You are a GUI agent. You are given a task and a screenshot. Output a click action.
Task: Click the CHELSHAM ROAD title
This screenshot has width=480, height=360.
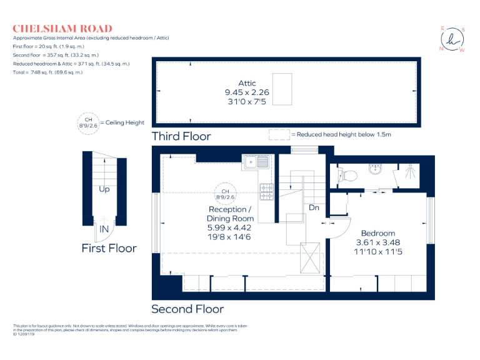(62, 29)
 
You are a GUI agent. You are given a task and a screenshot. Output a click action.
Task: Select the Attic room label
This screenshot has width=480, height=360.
(247, 83)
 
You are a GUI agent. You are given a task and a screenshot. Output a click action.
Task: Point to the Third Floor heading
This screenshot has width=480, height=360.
(181, 136)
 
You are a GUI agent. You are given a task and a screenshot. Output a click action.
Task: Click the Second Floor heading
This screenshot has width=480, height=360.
(187, 309)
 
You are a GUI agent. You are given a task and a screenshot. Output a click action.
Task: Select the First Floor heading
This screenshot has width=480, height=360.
(109, 248)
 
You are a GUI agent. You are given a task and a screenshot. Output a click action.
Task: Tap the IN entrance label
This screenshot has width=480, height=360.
(104, 229)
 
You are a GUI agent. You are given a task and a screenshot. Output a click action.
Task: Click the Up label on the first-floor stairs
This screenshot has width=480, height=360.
(104, 189)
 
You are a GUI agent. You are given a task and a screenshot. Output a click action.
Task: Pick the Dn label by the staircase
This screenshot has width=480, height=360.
(314, 207)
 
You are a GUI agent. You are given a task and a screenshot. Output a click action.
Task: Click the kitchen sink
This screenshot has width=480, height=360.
(257, 162)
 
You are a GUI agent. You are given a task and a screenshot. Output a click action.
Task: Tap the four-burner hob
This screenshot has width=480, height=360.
(266, 192)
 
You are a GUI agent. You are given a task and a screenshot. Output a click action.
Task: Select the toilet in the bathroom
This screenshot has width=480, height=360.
(348, 174)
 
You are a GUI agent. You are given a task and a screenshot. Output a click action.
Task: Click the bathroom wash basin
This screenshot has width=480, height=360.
(376, 169)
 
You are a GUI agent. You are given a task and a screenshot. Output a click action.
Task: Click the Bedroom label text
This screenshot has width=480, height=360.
(377, 233)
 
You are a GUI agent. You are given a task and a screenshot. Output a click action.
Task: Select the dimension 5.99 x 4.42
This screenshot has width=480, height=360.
(230, 228)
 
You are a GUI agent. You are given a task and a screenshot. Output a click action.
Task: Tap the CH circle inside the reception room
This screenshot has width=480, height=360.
(225, 194)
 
